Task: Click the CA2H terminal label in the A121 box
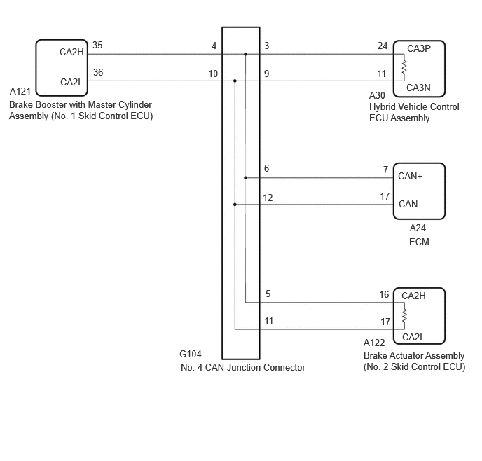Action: coord(71,53)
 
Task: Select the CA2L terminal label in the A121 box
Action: coord(71,83)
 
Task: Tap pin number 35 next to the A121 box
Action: coord(97,45)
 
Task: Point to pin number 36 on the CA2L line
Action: coord(98,73)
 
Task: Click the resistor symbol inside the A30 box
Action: coord(404,67)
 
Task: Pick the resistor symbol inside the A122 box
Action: coord(404,316)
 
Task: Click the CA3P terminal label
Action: coord(419,48)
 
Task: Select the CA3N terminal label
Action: coord(418,88)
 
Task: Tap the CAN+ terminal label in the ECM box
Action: coord(410,176)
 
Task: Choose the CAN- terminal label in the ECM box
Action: coord(410,204)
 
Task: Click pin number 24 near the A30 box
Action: coord(383,46)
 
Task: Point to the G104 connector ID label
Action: coord(191,354)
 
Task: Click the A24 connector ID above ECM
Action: coord(418,228)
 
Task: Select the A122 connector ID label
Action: coord(374,343)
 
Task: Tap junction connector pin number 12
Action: coord(268,198)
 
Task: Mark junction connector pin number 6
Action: coord(266,168)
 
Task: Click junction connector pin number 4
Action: coord(214,46)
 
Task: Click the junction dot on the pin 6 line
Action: coord(246,178)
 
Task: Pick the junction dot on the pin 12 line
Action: coord(235,205)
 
